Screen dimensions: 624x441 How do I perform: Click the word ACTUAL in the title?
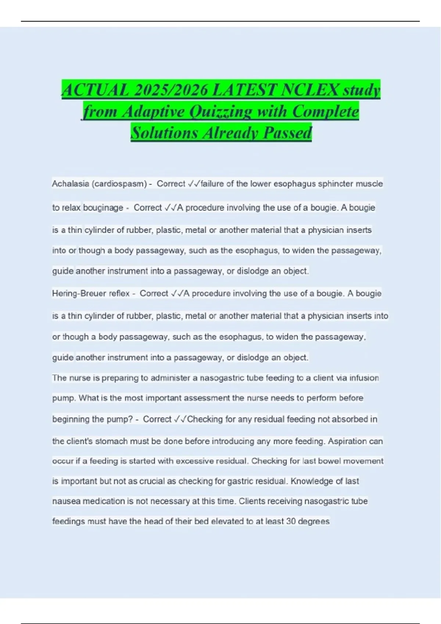click(x=95, y=90)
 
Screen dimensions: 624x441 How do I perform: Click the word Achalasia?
click(x=71, y=184)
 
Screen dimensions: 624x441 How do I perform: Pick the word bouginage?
click(x=103, y=208)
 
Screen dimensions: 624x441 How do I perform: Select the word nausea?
click(x=66, y=501)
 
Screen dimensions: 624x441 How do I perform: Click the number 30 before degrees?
click(x=291, y=522)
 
